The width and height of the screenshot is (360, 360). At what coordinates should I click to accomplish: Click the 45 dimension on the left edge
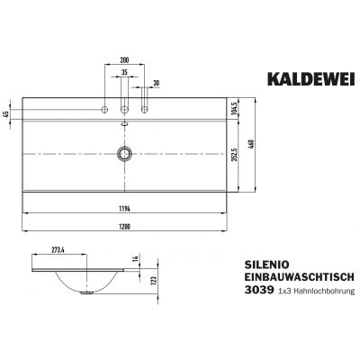(x=7, y=113)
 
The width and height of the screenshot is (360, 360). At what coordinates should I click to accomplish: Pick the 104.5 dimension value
(x=233, y=108)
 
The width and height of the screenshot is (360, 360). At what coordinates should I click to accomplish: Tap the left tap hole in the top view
(x=106, y=109)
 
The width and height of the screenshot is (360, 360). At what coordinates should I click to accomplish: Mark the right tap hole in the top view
(x=141, y=109)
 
